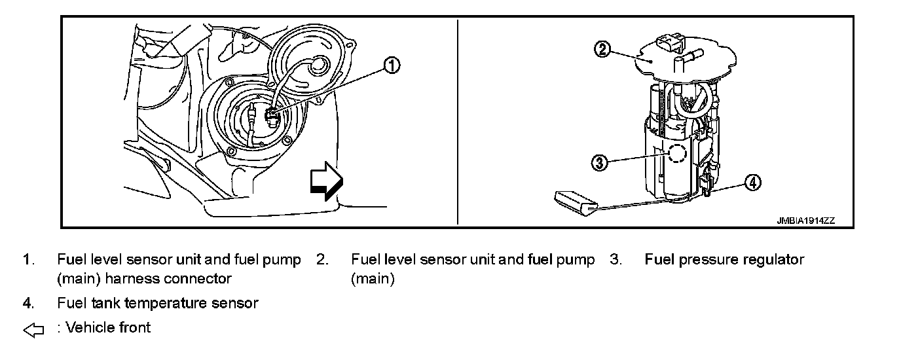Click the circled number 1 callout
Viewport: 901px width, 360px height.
[x=392, y=65]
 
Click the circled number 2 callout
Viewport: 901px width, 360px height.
[x=604, y=49]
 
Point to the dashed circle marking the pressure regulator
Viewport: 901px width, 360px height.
[x=676, y=154]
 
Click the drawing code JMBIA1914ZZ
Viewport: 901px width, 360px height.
[x=806, y=221]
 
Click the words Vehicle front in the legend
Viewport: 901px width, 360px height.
[x=108, y=327]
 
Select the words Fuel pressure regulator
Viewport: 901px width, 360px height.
[x=724, y=260]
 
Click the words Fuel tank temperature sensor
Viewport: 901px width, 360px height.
[x=158, y=303]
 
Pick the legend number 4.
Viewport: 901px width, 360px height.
[x=28, y=303]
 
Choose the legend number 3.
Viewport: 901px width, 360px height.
[x=615, y=260]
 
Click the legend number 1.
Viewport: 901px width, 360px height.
[x=28, y=260]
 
